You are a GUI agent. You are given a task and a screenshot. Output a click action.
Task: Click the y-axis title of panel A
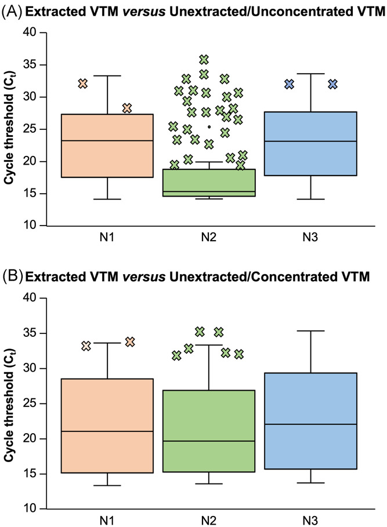click(x=10, y=129)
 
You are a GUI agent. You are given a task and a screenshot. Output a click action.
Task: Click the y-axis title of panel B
click(x=10, y=404)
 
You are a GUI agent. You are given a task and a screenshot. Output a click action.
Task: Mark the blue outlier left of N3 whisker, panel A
click(x=289, y=84)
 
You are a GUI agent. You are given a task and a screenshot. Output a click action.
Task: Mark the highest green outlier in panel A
click(x=204, y=60)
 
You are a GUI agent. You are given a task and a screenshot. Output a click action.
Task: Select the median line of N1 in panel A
click(x=107, y=141)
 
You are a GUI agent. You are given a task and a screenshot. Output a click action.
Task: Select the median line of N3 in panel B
click(x=310, y=424)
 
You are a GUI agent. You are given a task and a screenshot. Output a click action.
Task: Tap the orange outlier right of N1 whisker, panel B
click(x=129, y=342)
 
